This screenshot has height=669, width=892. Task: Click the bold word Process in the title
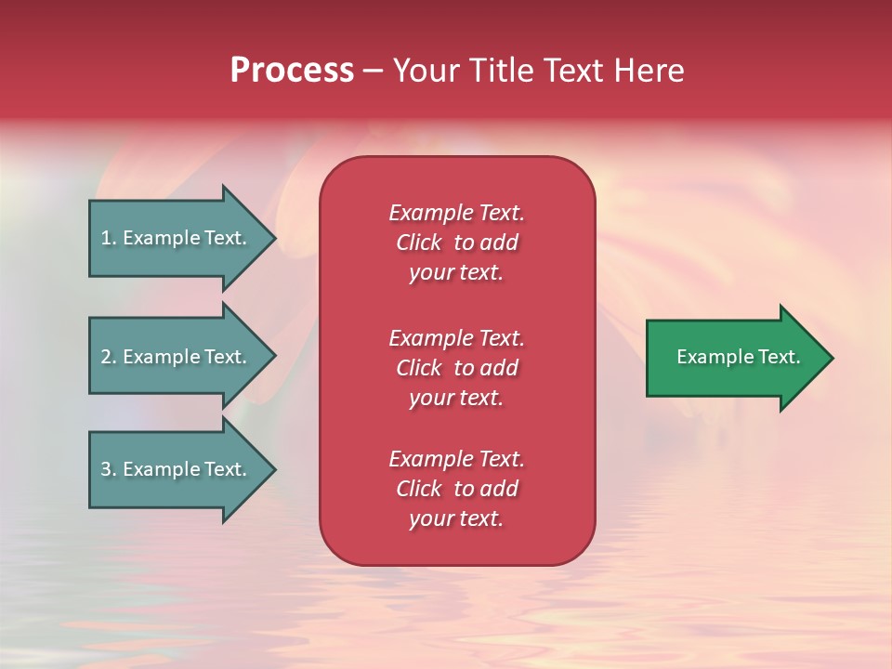coord(292,71)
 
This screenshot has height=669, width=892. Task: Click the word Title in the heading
coord(501,71)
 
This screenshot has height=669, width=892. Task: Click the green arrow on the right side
coord(734,357)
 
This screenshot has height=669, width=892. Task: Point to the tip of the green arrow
coord(829,358)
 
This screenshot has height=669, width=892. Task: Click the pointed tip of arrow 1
coord(272,238)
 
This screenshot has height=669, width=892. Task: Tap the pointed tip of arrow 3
coord(272,469)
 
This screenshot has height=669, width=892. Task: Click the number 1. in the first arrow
coord(109,238)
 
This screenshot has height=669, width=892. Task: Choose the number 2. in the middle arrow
coord(109,357)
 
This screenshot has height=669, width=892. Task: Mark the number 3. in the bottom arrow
coord(109,469)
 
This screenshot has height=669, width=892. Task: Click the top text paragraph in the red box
coord(456,243)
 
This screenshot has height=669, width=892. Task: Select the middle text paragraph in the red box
coord(456,368)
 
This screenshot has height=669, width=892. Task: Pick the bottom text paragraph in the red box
coord(456,489)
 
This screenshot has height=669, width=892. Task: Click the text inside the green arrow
coord(738,357)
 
